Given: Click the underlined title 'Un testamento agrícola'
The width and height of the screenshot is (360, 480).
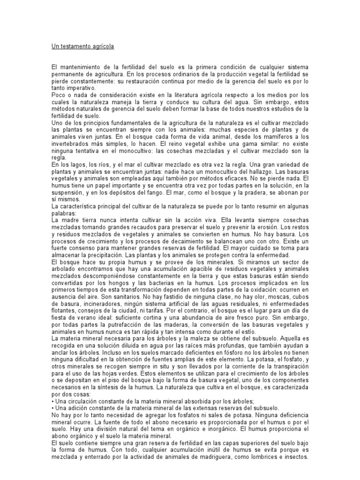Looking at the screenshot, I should pos(82,47).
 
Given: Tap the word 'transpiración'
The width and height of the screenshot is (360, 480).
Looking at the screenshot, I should pos(287,374).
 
